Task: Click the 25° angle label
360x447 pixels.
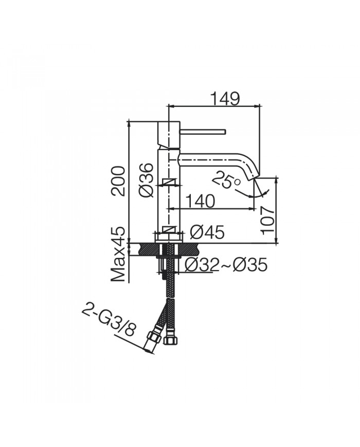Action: (x=226, y=181)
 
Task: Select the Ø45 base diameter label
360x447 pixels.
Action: (x=207, y=233)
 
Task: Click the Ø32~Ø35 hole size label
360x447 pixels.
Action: (x=226, y=265)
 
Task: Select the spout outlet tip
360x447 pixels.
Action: (x=256, y=177)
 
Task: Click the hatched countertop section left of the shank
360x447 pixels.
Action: (x=146, y=249)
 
